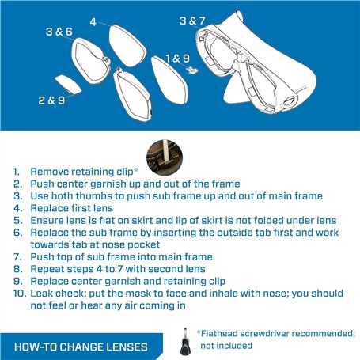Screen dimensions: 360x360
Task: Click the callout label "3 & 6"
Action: coord(59,32)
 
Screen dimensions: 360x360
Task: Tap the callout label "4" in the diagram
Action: coord(93,22)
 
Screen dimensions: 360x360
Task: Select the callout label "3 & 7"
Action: coord(192,21)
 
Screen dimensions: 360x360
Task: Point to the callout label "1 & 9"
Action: coord(178,59)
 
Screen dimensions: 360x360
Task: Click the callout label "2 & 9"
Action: coord(51,100)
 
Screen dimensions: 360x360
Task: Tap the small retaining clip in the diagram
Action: coord(192,70)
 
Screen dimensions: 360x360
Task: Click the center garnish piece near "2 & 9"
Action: coord(68,85)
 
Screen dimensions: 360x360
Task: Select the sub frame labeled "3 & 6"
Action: coord(91,61)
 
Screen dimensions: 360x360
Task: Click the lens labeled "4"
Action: coord(127,46)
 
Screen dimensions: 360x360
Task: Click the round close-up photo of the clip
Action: coord(165,157)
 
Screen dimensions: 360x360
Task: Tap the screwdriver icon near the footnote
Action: coord(185,342)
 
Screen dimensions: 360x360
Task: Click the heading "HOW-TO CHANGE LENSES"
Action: coord(81,347)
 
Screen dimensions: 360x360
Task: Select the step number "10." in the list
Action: coord(20,294)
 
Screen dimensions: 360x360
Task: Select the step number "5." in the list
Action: coord(18,221)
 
